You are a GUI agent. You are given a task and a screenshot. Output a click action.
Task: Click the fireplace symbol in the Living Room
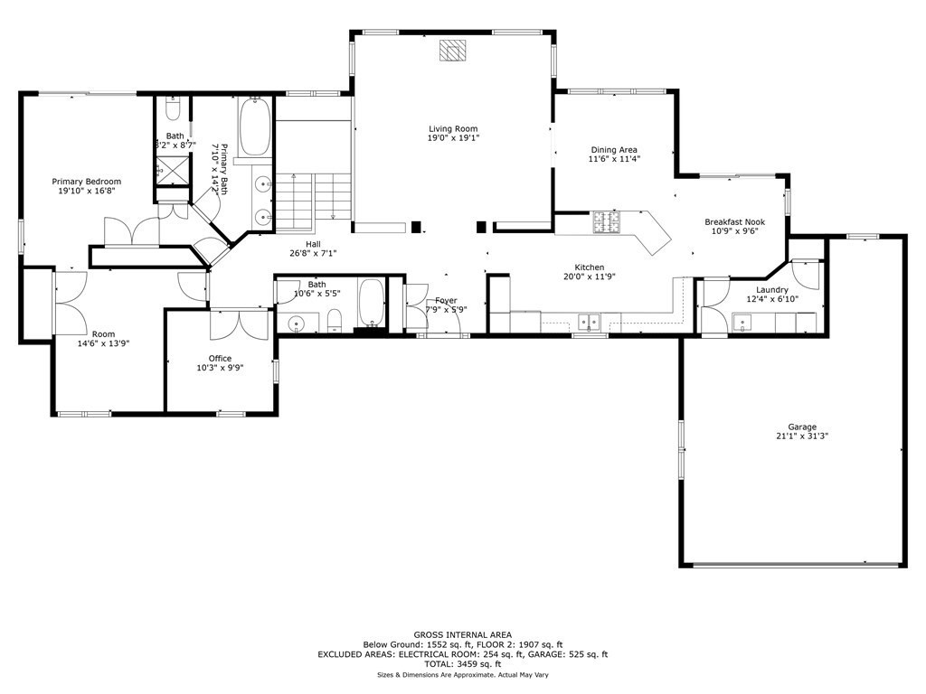coord(452,51)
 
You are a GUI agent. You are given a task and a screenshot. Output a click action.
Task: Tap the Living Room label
coord(453,128)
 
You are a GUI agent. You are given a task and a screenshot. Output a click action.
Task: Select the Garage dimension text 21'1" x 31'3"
coord(801,436)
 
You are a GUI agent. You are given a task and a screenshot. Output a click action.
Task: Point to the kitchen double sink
coord(589,320)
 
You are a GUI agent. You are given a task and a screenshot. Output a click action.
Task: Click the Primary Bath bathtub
coord(254,127)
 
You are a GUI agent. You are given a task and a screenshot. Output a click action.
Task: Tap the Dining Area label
coord(614,150)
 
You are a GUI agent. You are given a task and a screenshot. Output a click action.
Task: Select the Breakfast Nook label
coord(734,221)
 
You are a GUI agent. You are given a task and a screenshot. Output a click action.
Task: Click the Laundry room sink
coord(742,321)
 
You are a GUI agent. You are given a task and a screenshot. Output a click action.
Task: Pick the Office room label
coord(221,358)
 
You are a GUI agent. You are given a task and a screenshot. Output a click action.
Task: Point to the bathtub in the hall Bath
coord(371,302)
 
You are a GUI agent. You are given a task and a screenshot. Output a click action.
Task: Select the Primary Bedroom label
coord(86,182)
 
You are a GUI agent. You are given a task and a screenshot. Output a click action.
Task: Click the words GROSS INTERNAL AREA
coord(462,635)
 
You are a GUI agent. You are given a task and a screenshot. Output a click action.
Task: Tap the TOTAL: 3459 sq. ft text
coord(462,664)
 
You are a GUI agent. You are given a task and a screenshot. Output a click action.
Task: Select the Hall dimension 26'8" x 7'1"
coord(313,253)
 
